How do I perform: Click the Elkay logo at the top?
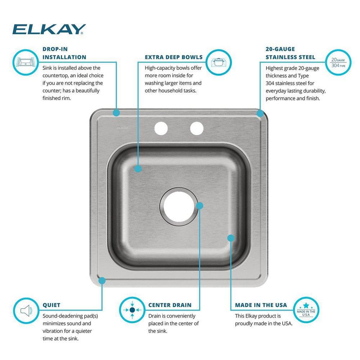(49, 29)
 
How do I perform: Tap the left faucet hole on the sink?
(161, 129)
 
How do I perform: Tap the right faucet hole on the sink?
(197, 129)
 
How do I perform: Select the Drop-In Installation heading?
(64, 53)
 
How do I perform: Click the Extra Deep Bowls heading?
(174, 57)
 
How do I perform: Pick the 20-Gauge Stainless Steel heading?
(290, 53)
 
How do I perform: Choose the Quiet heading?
(51, 305)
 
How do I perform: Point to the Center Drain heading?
(170, 305)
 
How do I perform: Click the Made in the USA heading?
(261, 305)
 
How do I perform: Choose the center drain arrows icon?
(132, 310)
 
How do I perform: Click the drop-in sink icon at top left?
(26, 62)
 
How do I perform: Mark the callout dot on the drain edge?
(200, 206)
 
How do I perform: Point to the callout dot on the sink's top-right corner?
(260, 113)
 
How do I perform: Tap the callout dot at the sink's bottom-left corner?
(102, 280)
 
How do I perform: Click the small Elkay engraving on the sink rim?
(121, 128)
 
